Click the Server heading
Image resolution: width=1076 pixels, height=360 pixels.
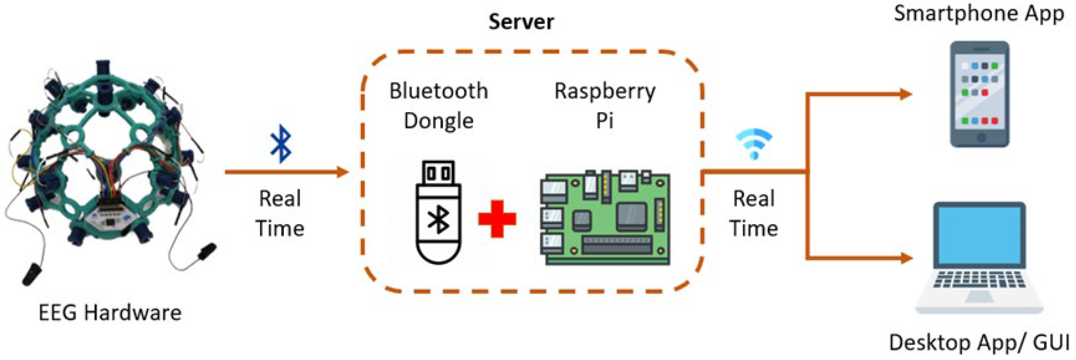click(521, 22)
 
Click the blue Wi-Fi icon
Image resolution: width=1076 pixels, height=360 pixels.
click(754, 143)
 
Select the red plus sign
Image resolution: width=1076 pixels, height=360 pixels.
click(497, 219)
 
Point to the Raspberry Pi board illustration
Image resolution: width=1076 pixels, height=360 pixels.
click(605, 217)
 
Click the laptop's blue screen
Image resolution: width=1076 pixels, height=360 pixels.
click(979, 236)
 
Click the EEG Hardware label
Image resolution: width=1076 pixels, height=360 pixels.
click(110, 312)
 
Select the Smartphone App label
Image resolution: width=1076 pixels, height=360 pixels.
click(978, 13)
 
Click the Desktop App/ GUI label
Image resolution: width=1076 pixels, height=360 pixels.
click(979, 342)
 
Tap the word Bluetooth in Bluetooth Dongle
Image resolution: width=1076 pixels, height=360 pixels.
click(438, 91)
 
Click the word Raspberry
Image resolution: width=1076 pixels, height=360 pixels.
click(604, 91)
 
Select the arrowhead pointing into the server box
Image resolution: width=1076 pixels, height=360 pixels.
click(342, 172)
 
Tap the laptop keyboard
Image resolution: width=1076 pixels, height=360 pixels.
click(979, 279)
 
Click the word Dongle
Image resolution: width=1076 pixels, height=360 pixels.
click(438, 121)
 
